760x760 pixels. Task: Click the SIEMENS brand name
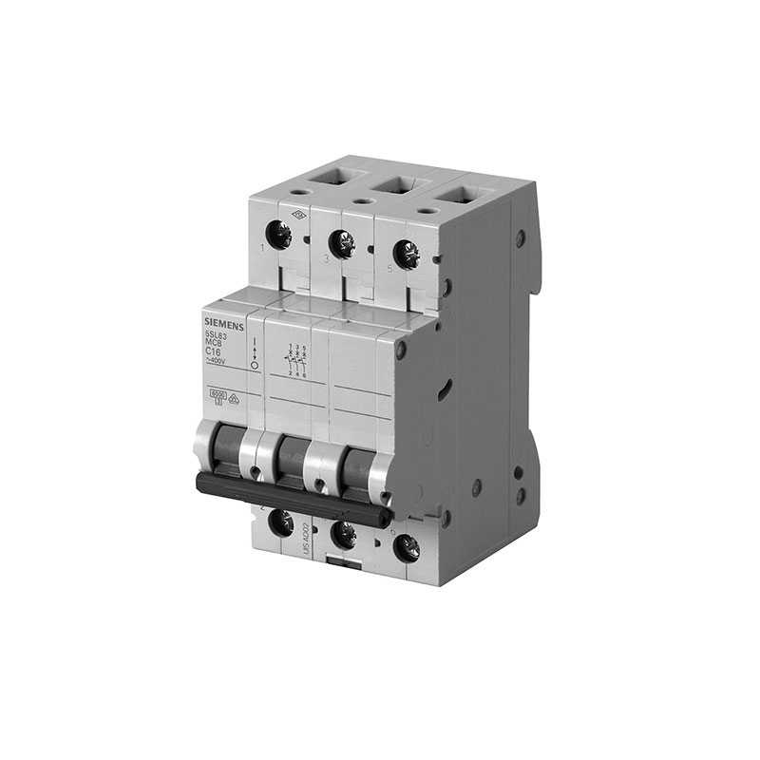pyautogui.click(x=224, y=325)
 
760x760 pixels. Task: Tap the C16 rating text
pyautogui.click(x=216, y=351)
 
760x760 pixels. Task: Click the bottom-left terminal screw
pyautogui.click(x=281, y=521)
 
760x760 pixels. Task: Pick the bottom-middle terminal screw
pyautogui.click(x=342, y=534)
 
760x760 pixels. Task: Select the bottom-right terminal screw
pyautogui.click(x=406, y=546)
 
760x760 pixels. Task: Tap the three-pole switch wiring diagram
pyautogui.click(x=295, y=362)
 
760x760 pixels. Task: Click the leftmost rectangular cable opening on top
pyautogui.click(x=332, y=177)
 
